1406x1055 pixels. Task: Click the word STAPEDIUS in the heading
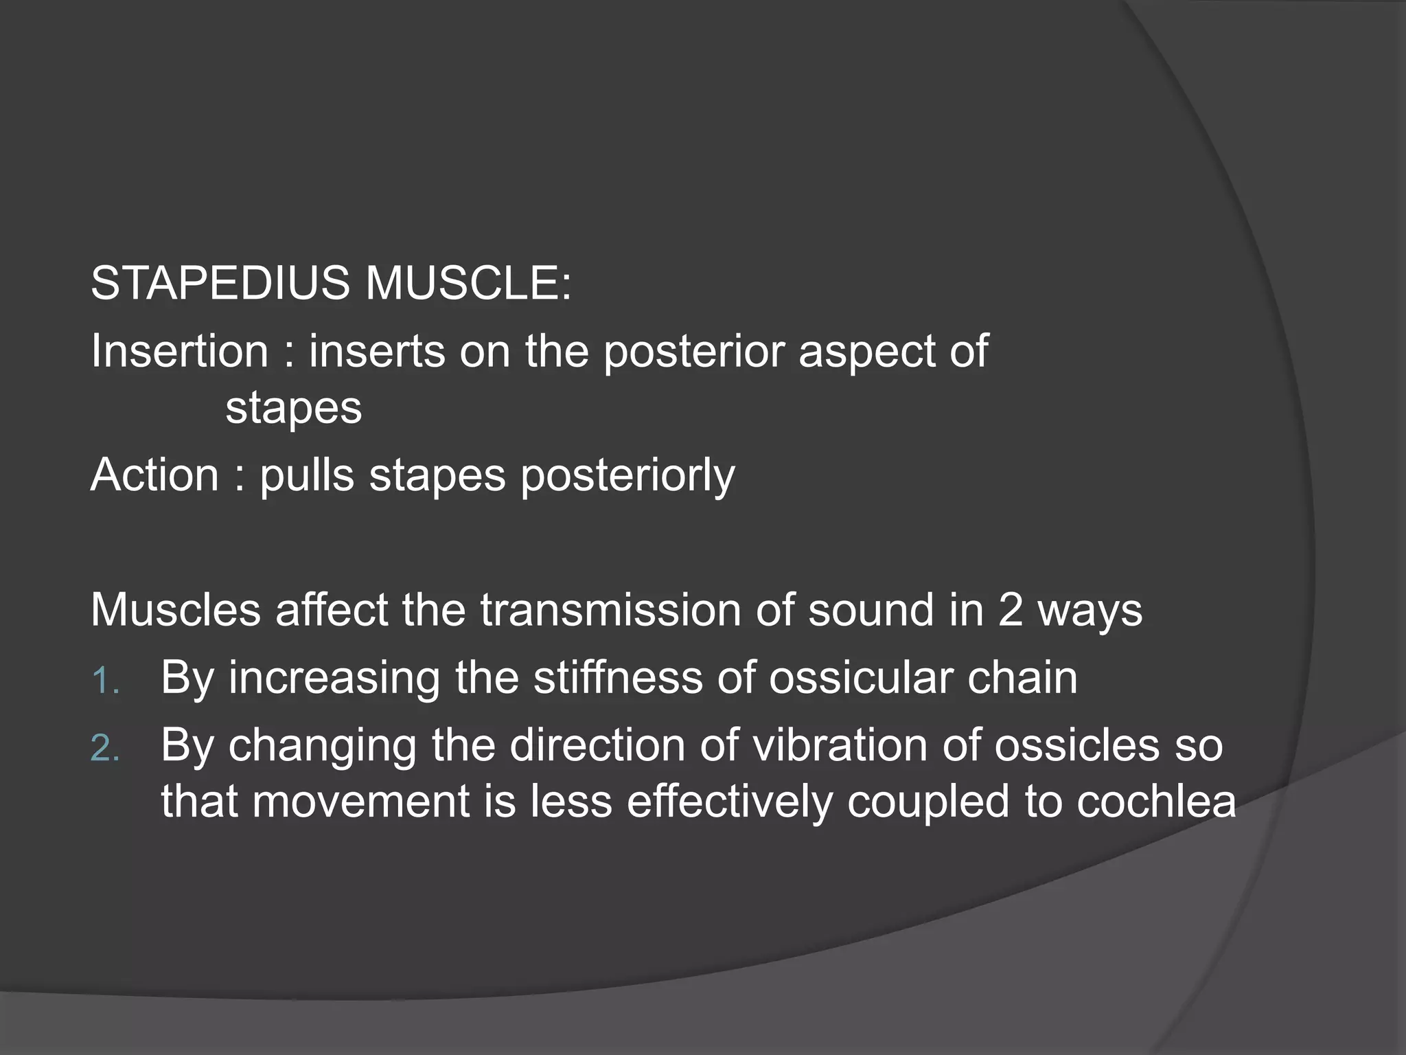pos(220,283)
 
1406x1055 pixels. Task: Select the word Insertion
pos(180,351)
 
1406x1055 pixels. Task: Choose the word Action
pos(154,475)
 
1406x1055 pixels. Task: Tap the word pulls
pos(307,475)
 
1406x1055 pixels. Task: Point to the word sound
pos(871,610)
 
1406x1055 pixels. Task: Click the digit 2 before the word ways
pos(1011,610)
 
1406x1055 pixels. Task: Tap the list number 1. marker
pos(105,681)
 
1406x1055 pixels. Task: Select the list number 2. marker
pos(105,749)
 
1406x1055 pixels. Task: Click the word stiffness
pos(618,678)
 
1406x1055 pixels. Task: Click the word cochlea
pos(1156,802)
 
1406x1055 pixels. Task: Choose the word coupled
pos(928,803)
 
